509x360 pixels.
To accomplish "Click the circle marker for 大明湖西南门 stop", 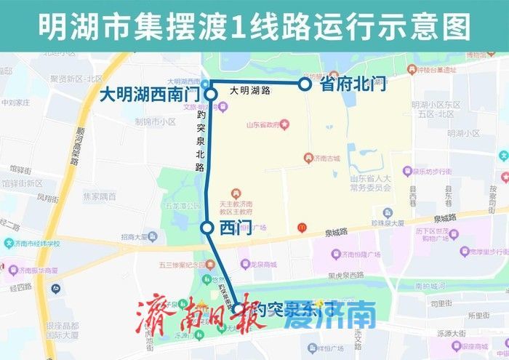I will coord(210,95).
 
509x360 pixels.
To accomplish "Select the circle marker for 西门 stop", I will coord(207,228).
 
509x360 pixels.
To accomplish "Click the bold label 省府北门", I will coord(350,84).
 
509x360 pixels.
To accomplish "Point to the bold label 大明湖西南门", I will coord(149,95).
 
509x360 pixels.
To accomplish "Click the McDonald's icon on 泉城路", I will coord(302,228).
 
